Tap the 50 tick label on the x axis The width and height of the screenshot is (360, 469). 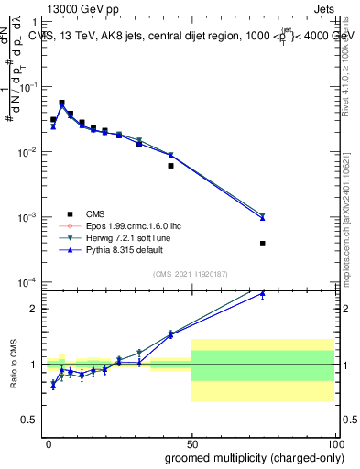coord(191,442)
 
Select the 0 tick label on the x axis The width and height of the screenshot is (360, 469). coord(49,442)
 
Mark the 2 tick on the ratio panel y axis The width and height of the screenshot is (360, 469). coord(36,309)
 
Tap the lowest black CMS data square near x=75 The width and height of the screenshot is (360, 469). coord(262,244)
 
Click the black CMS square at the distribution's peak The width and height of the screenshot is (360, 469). coord(61,104)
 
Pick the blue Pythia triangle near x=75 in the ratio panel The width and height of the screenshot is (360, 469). coord(262,294)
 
